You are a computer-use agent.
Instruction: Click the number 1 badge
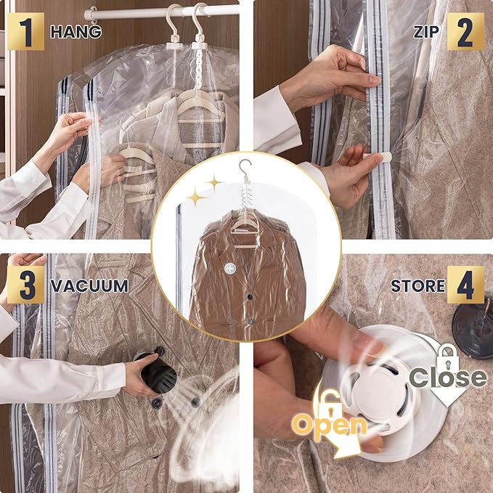pyautogui.click(x=25, y=31)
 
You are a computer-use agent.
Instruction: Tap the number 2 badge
pyautogui.click(x=465, y=31)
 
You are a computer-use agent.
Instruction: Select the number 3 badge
pyautogui.click(x=25, y=285)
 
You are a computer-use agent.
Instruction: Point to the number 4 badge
pyautogui.click(x=465, y=285)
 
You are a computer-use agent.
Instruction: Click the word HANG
pyautogui.click(x=76, y=31)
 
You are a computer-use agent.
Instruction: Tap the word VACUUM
pyautogui.click(x=89, y=285)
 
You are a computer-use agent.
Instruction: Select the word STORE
pyautogui.click(x=417, y=285)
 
